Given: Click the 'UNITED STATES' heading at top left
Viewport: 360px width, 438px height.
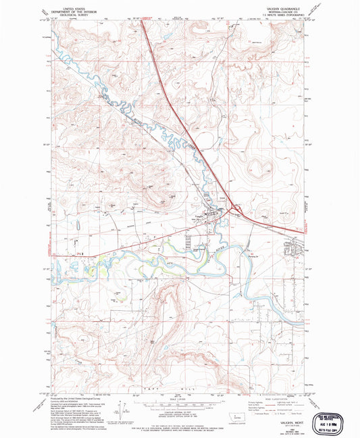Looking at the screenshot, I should (x=65, y=5).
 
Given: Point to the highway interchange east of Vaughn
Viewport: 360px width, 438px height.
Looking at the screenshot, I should (x=232, y=210).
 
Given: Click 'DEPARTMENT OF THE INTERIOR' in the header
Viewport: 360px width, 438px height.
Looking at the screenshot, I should (x=65, y=8).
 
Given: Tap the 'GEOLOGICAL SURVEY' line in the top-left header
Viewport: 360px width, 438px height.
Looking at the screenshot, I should (x=65, y=11).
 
